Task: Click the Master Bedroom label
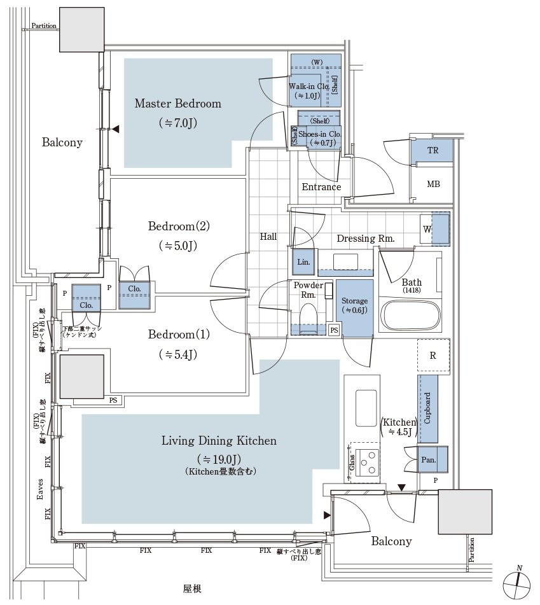click(x=177, y=104)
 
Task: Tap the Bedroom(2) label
click(x=179, y=226)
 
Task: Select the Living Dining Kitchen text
click(x=219, y=440)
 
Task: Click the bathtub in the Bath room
click(x=410, y=313)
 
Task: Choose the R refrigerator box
click(x=433, y=356)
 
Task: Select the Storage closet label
click(x=354, y=301)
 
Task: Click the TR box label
click(x=433, y=151)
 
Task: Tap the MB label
click(x=433, y=184)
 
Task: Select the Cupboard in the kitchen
click(x=427, y=408)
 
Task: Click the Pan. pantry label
click(x=427, y=459)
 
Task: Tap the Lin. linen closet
click(x=303, y=262)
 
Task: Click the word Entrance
click(x=321, y=187)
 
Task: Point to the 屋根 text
click(x=193, y=589)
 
